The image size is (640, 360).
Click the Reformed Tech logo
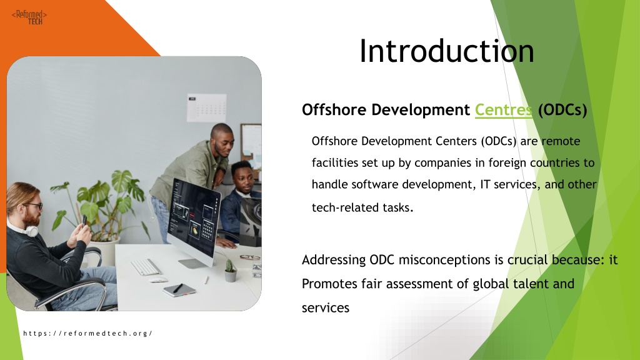click(29, 17)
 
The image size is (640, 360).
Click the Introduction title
click(446, 51)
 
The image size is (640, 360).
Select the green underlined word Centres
click(503, 110)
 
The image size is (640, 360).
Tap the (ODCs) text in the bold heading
click(562, 110)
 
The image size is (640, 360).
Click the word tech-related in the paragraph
click(345, 207)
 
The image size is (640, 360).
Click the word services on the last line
click(325, 307)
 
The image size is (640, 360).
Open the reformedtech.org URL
click(87, 333)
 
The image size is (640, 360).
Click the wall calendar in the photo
click(206, 107)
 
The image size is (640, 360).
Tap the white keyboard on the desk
click(146, 267)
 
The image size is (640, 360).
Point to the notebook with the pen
click(179, 289)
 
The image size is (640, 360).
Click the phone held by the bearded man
click(85, 221)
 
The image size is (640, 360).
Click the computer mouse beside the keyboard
click(158, 279)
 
